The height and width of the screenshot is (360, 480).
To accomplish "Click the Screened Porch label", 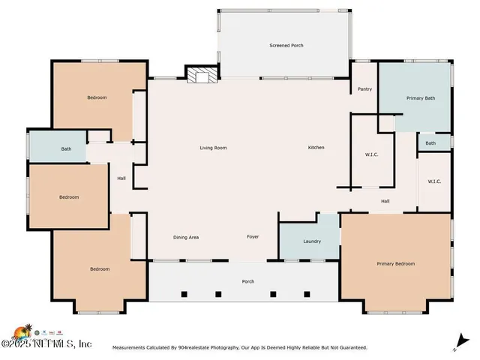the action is [286, 46].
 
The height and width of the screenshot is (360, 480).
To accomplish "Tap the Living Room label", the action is [213, 148].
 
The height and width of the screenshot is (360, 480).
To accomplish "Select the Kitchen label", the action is [316, 148].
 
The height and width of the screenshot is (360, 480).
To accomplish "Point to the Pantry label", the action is [364, 89].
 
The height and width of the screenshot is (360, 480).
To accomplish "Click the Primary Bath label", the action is [420, 98].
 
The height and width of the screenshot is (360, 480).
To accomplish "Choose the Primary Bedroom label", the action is [395, 264].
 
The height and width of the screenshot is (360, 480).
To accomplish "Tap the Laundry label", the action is [312, 241].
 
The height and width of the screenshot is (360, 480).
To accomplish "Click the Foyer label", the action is [253, 237].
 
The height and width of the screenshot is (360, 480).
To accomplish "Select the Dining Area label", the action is [186, 238].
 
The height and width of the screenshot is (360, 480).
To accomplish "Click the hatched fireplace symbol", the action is [202, 75].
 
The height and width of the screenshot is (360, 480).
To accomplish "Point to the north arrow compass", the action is [461, 342].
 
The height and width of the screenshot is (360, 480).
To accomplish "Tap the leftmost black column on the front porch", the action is [184, 295].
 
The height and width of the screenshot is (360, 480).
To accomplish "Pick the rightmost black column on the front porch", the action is [307, 295].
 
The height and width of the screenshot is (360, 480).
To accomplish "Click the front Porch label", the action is [248, 282].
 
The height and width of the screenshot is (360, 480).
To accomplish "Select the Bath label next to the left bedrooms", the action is [66, 149].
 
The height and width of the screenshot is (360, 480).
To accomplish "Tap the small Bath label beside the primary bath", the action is [430, 143].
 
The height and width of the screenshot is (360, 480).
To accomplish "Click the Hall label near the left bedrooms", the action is [121, 178].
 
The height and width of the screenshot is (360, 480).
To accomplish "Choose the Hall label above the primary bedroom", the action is [385, 202].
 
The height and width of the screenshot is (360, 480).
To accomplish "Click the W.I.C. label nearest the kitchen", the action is [371, 155].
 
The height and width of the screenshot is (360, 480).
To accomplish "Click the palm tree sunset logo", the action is [23, 334].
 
